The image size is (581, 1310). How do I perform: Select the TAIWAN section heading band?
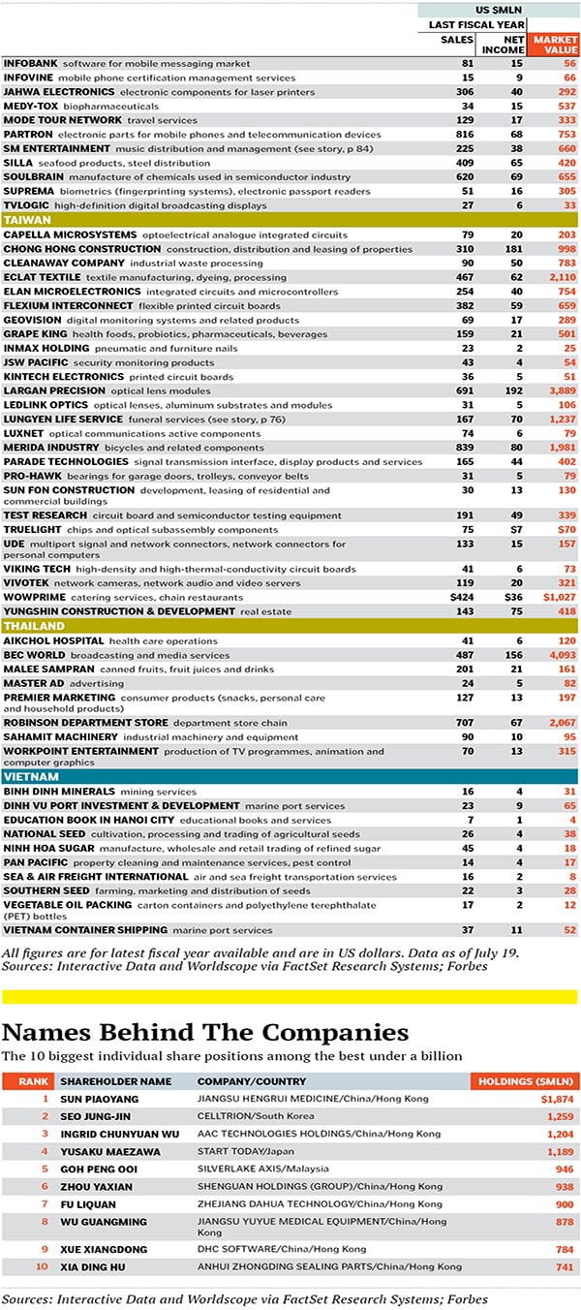coord(290,220)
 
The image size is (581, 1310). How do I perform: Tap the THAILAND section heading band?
coord(290,626)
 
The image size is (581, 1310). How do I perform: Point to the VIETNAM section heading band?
coord(290,777)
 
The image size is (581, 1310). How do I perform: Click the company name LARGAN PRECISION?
coord(50,390)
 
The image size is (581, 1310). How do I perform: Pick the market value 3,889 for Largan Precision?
coord(559,390)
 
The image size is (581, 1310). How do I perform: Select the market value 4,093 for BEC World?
coord(559,655)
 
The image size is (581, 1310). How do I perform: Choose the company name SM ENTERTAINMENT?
coord(56,149)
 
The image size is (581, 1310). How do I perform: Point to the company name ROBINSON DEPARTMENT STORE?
coord(85,723)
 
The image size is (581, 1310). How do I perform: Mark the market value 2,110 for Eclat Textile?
coord(559,277)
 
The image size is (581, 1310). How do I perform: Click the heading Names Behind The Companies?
coord(205,1032)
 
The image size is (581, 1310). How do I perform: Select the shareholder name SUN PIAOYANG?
coord(99,1099)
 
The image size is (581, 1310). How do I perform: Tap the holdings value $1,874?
coord(557,1099)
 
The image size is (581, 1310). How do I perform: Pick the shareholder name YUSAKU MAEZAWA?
coord(105,1150)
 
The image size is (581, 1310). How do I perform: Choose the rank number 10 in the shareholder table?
coord(42,1266)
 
